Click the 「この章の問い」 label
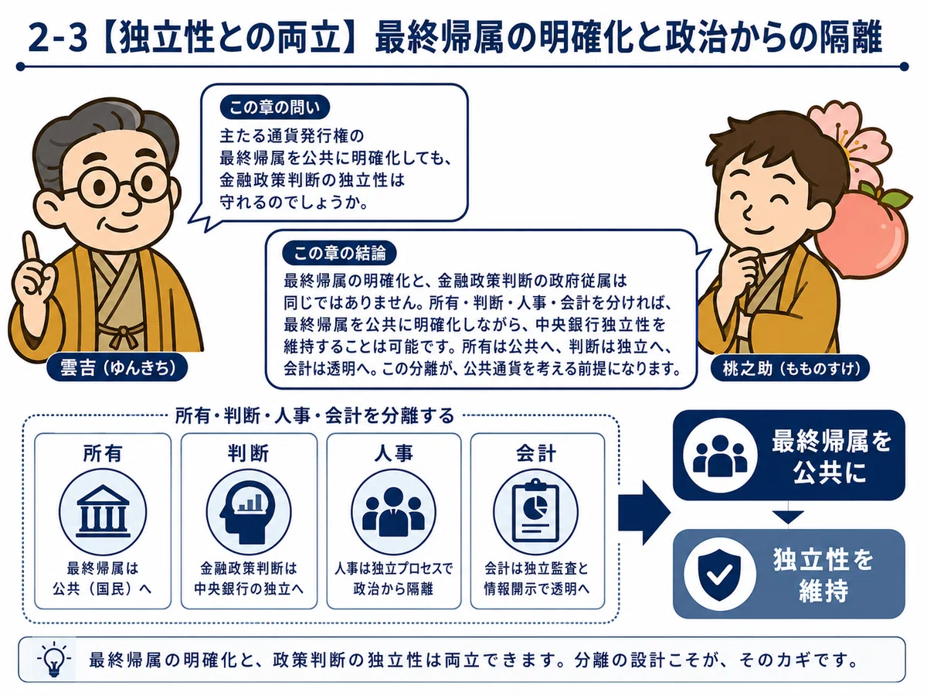tap(274, 107)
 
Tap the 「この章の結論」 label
tap(340, 253)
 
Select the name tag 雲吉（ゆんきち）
tap(117, 367)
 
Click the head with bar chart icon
tap(248, 513)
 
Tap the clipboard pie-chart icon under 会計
tap(535, 513)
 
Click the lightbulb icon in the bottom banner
tap(54, 660)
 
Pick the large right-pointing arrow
tap(644, 513)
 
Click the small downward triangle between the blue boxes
tap(788, 517)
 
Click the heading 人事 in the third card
tap(394, 454)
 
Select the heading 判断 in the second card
tap(248, 454)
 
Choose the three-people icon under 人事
tap(394, 513)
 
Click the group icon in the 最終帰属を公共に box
tap(720, 455)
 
